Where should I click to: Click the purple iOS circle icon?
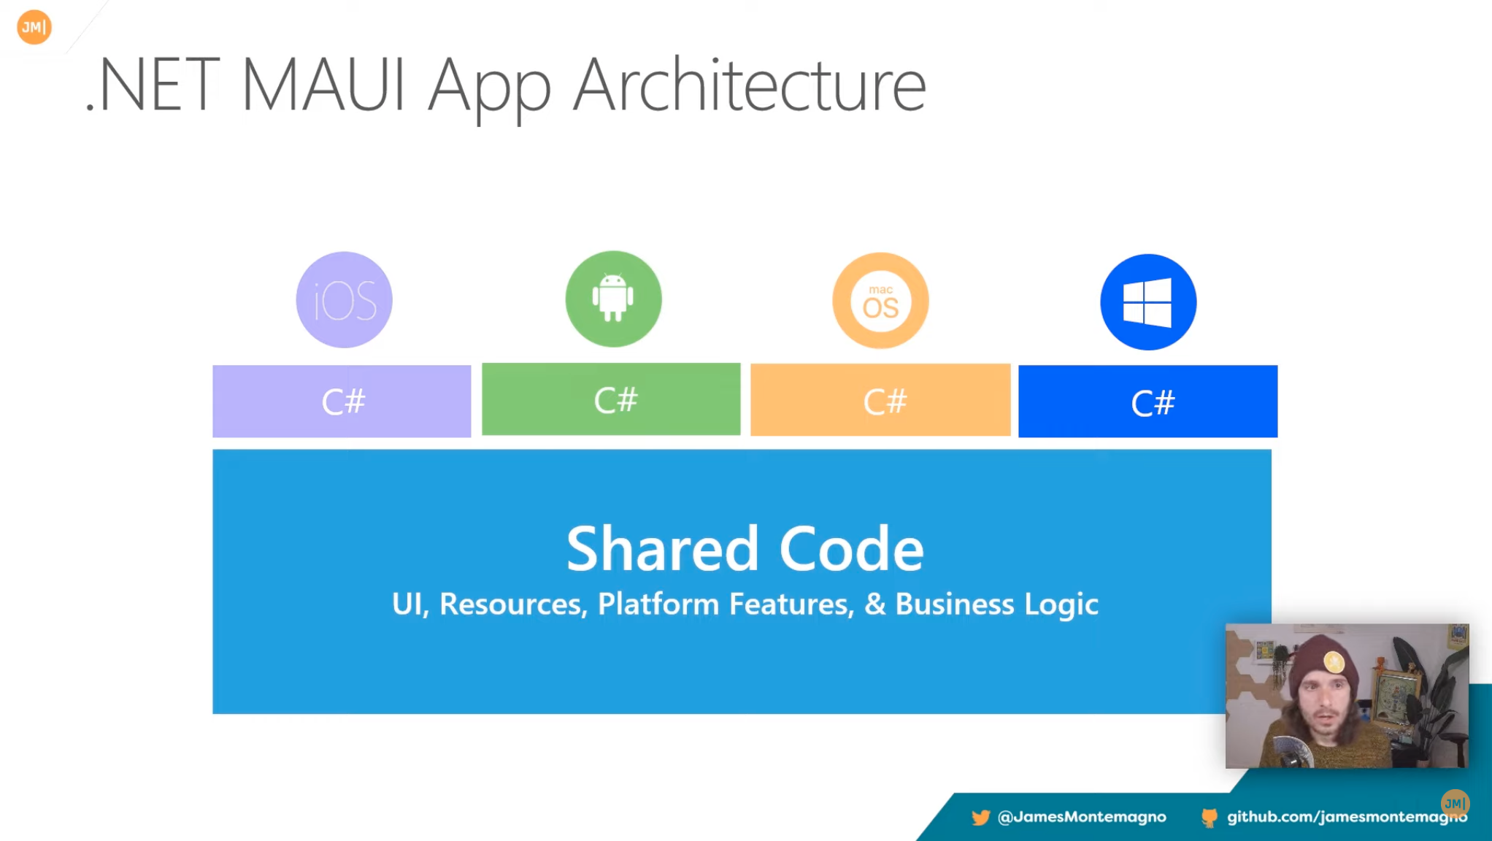coord(344,299)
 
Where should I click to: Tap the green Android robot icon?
coord(613,299)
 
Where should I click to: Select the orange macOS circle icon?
coord(880,301)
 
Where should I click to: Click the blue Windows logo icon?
coord(1148,302)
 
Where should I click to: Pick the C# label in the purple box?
coord(343,402)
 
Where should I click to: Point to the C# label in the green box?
coord(615,400)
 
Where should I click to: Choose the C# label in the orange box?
coord(885,402)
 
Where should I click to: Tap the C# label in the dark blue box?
coord(1153,403)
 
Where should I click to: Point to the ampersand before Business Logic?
coord(874,604)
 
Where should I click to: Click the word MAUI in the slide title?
coord(323,85)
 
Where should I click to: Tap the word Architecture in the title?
coord(750,85)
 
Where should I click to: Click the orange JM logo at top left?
coord(34,27)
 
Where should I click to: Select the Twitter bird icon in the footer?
coord(980,817)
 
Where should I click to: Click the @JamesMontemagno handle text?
coord(1082,816)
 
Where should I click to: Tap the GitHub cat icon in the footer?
coord(1210,818)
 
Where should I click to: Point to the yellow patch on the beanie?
coord(1334,662)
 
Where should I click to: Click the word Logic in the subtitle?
coord(1061,605)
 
